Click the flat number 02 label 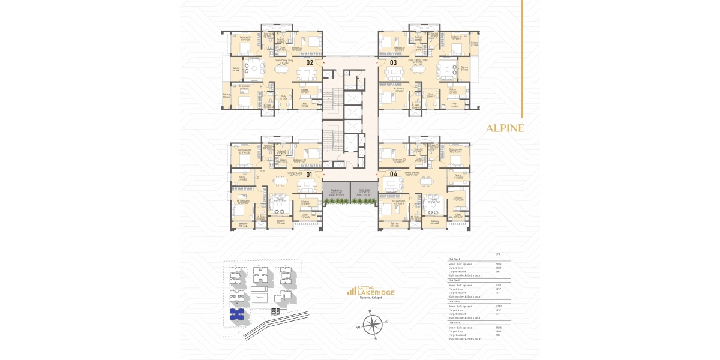pyautogui.click(x=310, y=62)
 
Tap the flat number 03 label pyautogui.click(x=394, y=62)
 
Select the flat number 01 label pyautogui.click(x=310, y=175)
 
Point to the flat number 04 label pyautogui.click(x=394, y=175)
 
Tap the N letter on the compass pyautogui.click(x=370, y=311)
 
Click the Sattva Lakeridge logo pyautogui.click(x=371, y=292)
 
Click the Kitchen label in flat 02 pyautogui.click(x=305, y=92)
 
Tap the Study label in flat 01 pyautogui.click(x=242, y=178)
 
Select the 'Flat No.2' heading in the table pyautogui.click(x=454, y=280)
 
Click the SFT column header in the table pyautogui.click(x=497, y=254)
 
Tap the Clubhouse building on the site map pyautogui.click(x=260, y=297)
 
